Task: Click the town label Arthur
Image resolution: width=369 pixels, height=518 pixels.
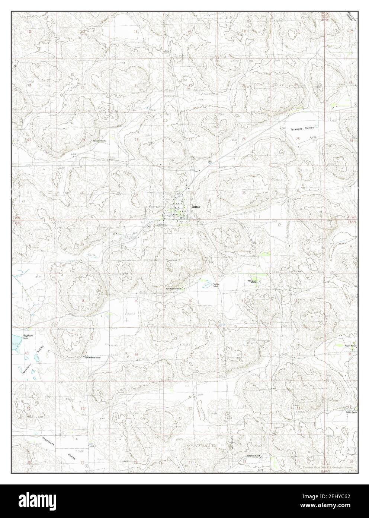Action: (197, 206)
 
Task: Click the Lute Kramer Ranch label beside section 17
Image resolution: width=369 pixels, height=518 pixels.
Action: (93, 357)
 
